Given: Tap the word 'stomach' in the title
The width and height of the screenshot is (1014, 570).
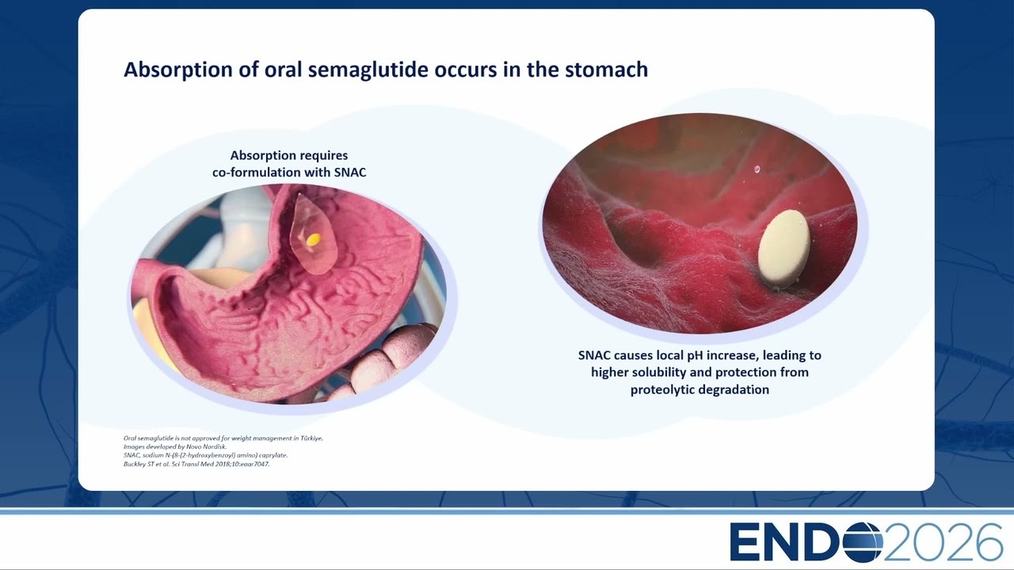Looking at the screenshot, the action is click(607, 70).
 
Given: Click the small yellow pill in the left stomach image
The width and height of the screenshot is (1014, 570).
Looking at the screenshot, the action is click(314, 239).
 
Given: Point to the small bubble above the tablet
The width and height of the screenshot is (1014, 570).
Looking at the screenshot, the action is click(757, 169).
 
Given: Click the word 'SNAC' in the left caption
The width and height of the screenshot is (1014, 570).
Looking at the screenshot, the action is click(350, 173).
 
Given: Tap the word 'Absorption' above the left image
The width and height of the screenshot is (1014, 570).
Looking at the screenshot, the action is click(259, 156).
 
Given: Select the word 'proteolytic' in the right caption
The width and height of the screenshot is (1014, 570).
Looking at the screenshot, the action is click(660, 390).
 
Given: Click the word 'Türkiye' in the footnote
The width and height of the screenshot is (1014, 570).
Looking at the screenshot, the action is click(311, 438).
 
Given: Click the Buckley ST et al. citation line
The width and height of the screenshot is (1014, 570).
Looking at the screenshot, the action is click(196, 464).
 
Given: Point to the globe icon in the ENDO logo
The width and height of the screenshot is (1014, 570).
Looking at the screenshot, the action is click(863, 542).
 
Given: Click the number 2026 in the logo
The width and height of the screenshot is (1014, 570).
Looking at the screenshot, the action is click(943, 542).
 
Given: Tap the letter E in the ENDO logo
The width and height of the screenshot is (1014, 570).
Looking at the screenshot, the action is click(744, 542).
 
